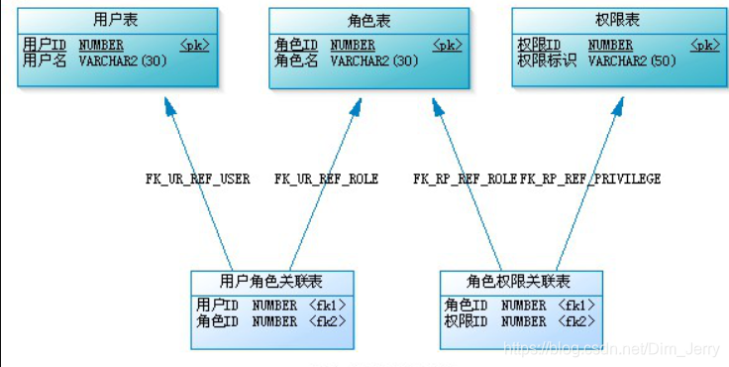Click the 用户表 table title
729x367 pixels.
tap(117, 19)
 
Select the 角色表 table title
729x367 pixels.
tap(368, 19)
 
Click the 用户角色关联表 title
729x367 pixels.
tap(270, 281)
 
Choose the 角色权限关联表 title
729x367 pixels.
tap(519, 281)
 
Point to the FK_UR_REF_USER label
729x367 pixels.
tap(198, 180)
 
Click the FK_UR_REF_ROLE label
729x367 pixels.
tap(326, 180)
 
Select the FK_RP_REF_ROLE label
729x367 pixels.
tap(465, 180)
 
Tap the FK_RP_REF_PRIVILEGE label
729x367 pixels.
tap(590, 180)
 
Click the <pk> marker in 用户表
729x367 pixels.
tap(195, 45)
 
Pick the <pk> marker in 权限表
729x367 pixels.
tap(704, 45)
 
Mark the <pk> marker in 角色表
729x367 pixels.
tap(447, 45)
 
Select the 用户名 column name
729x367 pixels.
tap(45, 61)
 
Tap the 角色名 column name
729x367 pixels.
tap(296, 61)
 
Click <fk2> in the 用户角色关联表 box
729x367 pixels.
tap(327, 321)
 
